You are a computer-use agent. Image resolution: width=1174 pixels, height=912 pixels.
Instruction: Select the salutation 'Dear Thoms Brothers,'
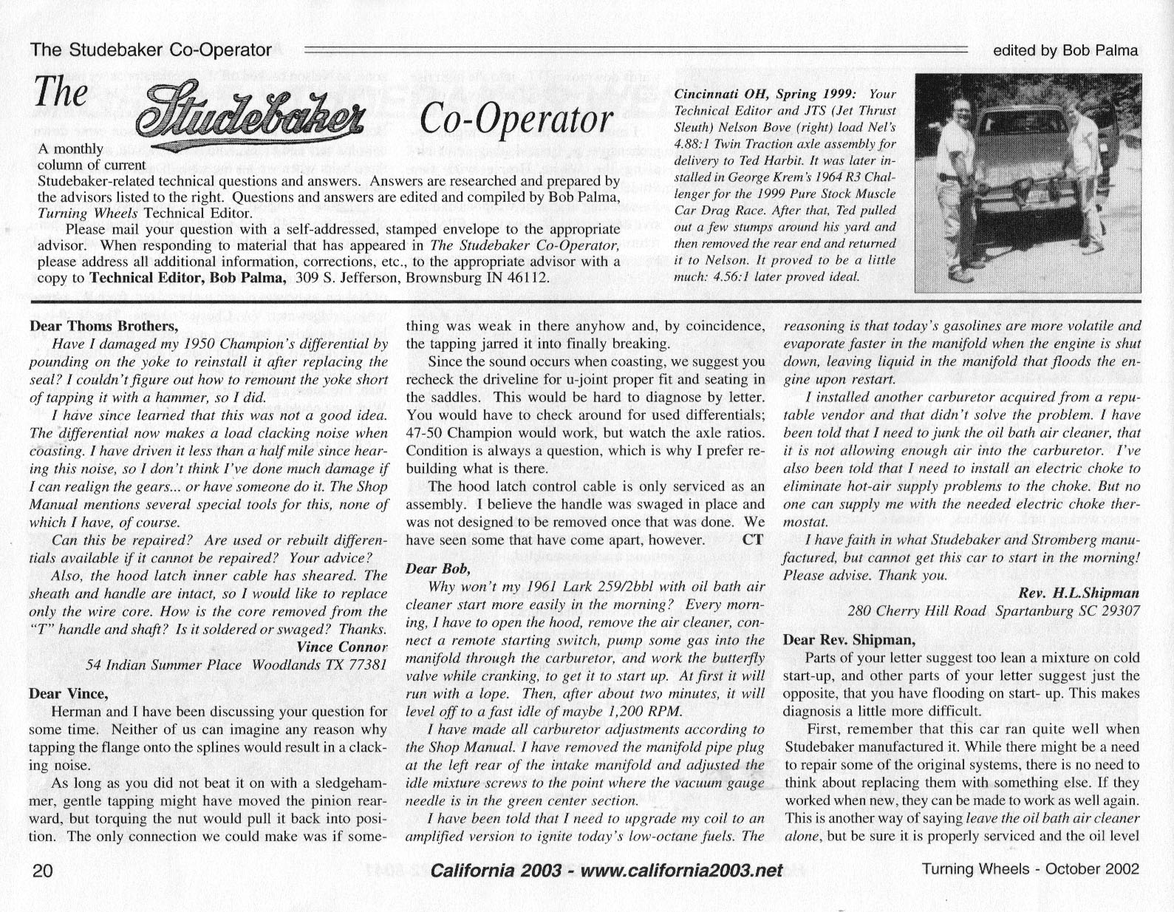(103, 326)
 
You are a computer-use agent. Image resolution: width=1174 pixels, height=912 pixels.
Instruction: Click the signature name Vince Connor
(341, 647)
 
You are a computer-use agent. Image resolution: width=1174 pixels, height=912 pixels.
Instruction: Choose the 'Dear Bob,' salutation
(437, 569)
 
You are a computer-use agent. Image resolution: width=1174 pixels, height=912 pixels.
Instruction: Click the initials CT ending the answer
(752, 540)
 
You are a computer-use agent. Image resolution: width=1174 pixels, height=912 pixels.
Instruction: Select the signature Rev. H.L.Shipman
(1079, 593)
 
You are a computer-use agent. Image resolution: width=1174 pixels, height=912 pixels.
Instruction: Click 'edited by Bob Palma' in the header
(1065, 50)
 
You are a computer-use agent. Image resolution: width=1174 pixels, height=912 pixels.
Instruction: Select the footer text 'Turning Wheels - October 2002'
(1030, 869)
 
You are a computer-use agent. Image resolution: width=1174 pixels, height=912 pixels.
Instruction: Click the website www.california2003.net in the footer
(682, 870)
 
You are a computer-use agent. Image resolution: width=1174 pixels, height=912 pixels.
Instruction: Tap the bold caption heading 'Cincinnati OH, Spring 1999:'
(765, 95)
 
